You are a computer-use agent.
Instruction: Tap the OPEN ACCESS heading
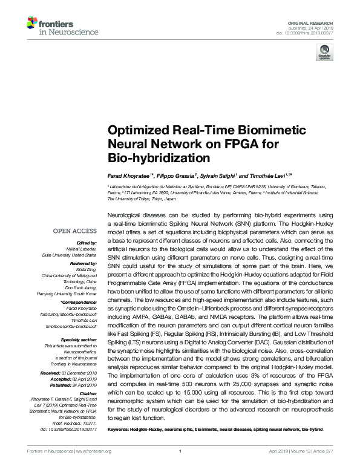[74, 231]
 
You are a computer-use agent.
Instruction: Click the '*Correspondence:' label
[79, 301]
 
